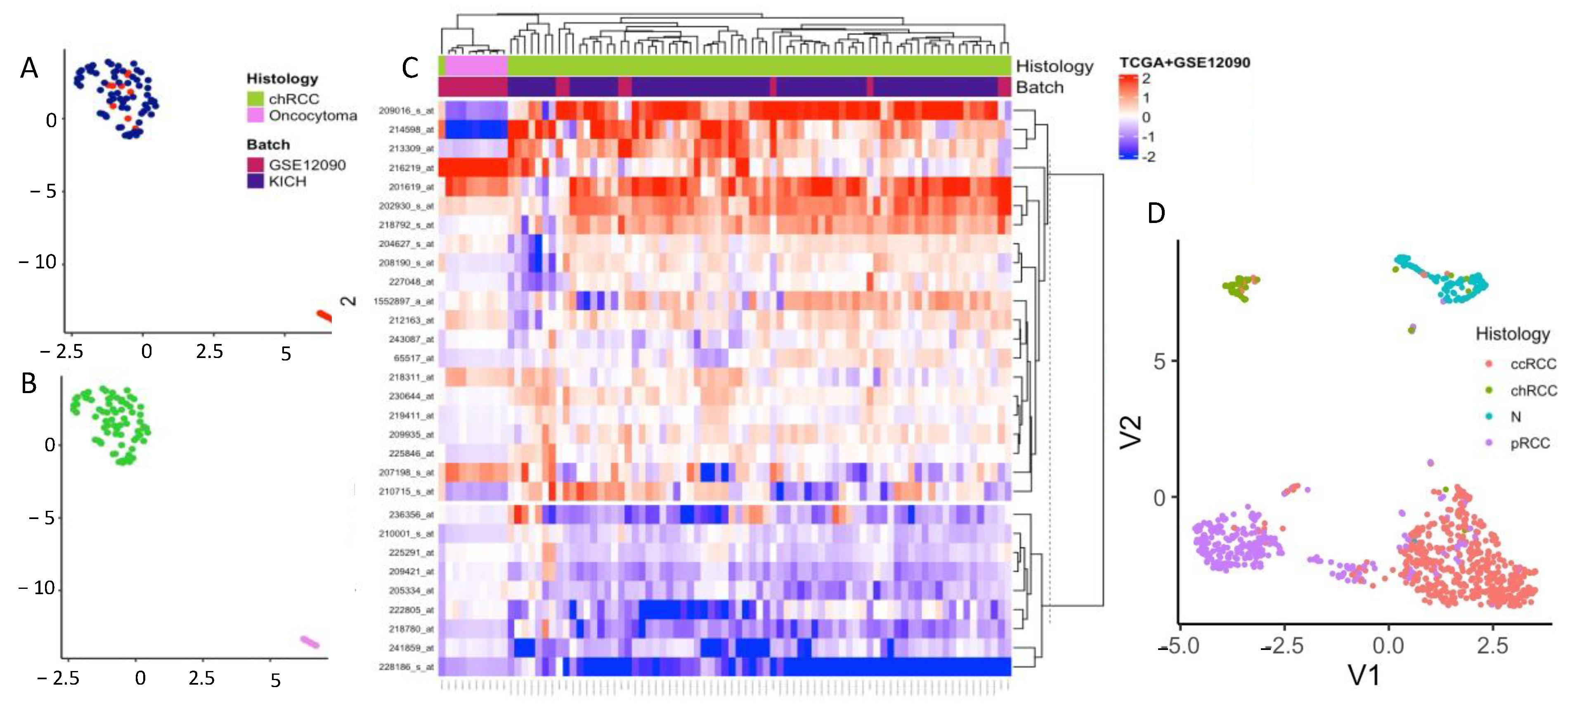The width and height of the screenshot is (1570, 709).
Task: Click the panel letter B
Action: pyautogui.click(x=28, y=384)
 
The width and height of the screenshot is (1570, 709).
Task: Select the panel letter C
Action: pyautogui.click(x=410, y=68)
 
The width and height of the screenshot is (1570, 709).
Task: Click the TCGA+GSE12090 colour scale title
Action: pyautogui.click(x=1184, y=62)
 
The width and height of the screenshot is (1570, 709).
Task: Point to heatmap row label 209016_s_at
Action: pyautogui.click(x=406, y=110)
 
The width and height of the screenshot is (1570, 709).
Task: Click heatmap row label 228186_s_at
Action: pyautogui.click(x=406, y=667)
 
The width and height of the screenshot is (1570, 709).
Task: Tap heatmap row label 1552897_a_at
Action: pyautogui.click(x=404, y=301)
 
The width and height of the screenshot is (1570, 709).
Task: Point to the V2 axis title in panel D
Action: pyautogui.click(x=1130, y=432)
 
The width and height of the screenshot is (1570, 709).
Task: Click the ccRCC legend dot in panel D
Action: pyautogui.click(x=1489, y=364)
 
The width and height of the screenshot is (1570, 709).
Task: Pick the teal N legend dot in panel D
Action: pyautogui.click(x=1489, y=416)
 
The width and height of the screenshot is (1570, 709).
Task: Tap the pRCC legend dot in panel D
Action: pyautogui.click(x=1489, y=443)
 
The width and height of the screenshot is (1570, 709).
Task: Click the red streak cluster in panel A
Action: pyautogui.click(x=324, y=316)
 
